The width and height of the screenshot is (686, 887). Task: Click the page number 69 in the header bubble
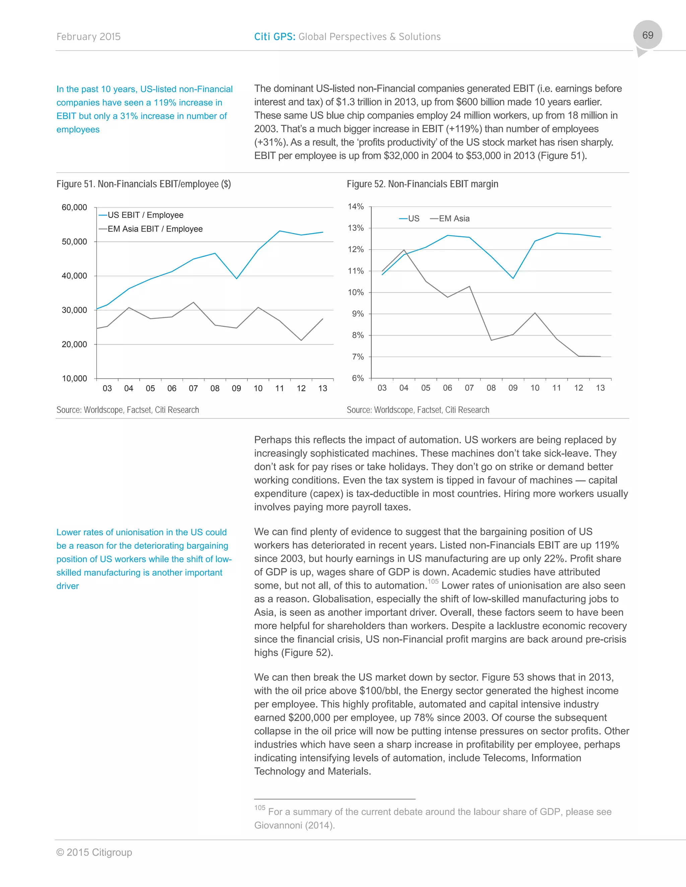pyautogui.click(x=647, y=35)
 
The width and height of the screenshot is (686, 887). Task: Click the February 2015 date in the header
pyautogui.click(x=88, y=37)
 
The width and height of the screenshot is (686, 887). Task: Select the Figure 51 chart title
pyautogui.click(x=143, y=184)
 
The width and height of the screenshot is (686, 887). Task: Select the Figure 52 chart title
pyautogui.click(x=422, y=184)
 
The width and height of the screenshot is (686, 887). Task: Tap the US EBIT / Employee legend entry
pyautogui.click(x=145, y=215)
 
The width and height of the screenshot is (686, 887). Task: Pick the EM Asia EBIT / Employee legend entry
pyautogui.click(x=154, y=229)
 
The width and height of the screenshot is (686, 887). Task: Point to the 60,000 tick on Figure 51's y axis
pyautogui.click(x=74, y=207)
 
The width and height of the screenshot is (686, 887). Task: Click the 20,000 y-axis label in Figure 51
pyautogui.click(x=74, y=344)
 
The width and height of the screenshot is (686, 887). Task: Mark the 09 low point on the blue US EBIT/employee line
pyautogui.click(x=236, y=278)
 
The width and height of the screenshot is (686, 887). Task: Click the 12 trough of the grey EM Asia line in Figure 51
pyautogui.click(x=301, y=340)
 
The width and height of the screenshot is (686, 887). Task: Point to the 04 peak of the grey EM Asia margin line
pyautogui.click(x=404, y=250)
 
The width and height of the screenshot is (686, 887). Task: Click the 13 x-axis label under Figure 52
pyautogui.click(x=600, y=388)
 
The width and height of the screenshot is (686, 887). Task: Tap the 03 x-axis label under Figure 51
pyautogui.click(x=107, y=388)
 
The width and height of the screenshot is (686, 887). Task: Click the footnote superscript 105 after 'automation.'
pyautogui.click(x=433, y=582)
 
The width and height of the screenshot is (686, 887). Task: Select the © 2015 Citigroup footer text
pyautogui.click(x=94, y=853)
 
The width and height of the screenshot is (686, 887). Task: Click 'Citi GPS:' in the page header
pyautogui.click(x=275, y=37)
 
